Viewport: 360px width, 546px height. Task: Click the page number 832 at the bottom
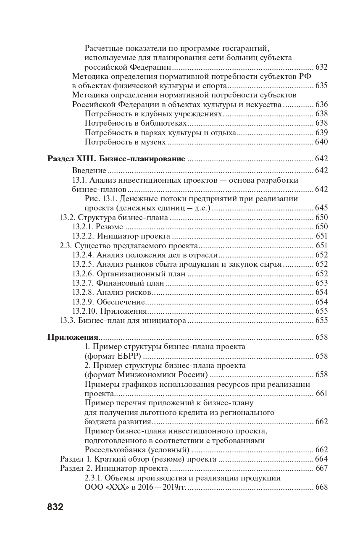click(x=55, y=507)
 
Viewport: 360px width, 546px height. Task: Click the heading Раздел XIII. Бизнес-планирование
click(x=116, y=159)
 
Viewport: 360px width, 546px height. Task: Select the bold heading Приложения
click(x=73, y=337)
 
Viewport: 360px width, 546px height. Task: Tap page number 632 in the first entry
click(x=321, y=67)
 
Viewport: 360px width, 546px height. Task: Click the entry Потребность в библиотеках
click(x=135, y=123)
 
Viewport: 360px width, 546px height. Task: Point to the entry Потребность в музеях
click(x=125, y=142)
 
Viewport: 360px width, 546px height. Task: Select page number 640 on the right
click(x=321, y=142)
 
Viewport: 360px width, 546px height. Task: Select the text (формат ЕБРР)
click(x=112, y=356)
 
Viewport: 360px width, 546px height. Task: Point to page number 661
click(x=321, y=394)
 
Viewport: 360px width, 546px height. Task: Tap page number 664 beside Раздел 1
click(x=321, y=459)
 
